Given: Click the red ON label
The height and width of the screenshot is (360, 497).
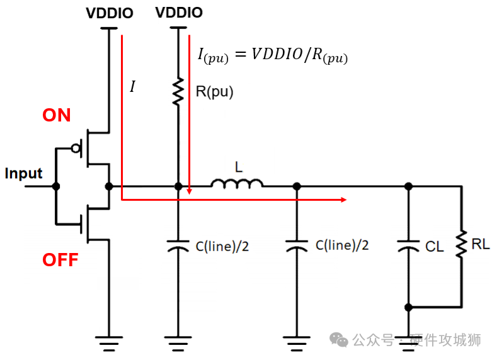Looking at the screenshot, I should click(57, 115).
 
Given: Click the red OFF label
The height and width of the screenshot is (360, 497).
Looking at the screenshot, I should click(60, 260).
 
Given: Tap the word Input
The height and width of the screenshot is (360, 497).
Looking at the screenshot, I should click(23, 174).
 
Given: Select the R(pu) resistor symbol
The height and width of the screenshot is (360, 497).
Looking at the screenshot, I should click(178, 91).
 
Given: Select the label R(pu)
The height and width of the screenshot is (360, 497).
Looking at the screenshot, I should click(214, 92).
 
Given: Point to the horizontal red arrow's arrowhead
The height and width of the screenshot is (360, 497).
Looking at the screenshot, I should click(343, 200).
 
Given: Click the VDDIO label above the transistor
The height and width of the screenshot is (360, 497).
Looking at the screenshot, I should click(110, 13).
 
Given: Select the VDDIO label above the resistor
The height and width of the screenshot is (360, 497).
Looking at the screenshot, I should click(179, 13).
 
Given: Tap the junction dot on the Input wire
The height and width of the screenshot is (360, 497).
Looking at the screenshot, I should click(56, 186).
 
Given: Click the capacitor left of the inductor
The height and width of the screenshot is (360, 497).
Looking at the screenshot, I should click(178, 245).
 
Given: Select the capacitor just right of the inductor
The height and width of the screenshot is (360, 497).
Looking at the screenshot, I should click(296, 245).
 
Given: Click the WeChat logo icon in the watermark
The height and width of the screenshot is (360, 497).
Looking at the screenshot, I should click(340, 340).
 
